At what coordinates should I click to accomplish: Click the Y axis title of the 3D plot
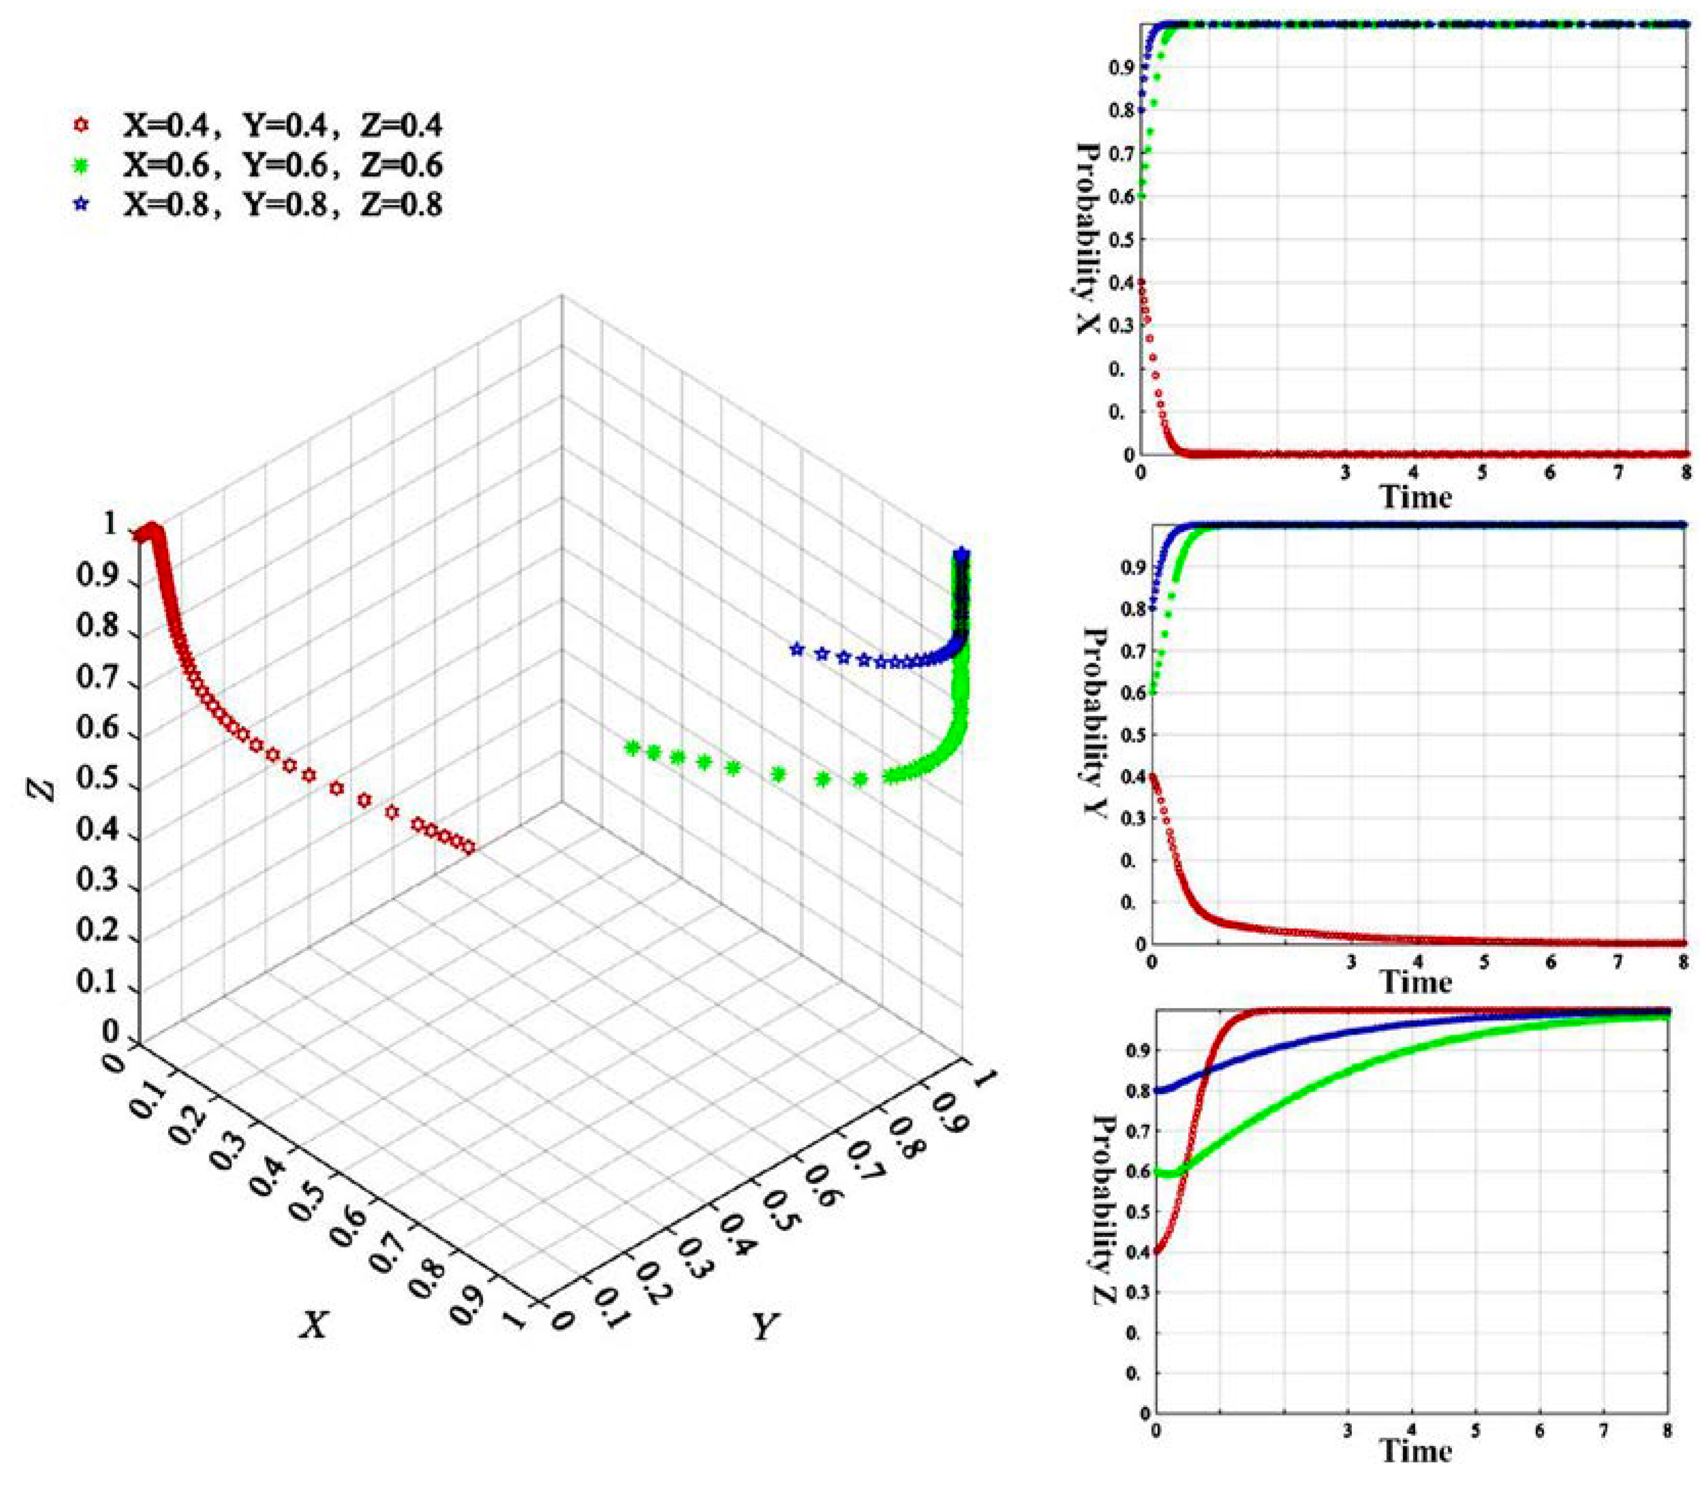765,1327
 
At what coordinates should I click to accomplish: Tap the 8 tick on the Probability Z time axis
1667,1431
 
